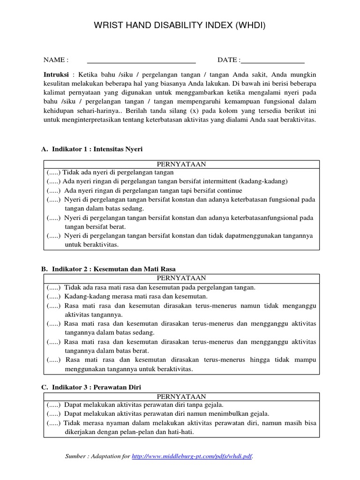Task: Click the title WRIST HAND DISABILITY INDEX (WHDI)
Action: click(180, 24)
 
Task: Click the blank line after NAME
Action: click(141, 60)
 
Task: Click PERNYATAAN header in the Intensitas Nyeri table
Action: click(181, 164)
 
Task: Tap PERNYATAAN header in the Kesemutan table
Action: click(181, 278)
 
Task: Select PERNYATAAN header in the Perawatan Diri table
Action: click(181, 396)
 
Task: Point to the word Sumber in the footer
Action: click(76, 456)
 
